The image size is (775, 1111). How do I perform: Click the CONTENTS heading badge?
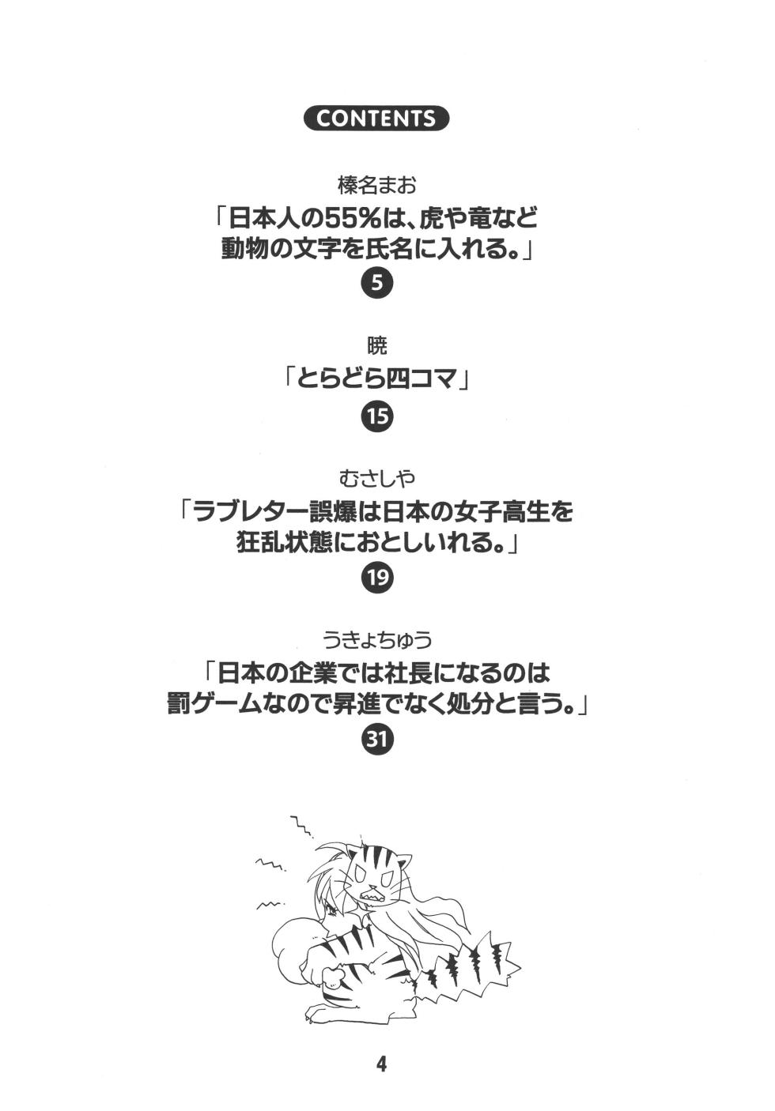pyautogui.click(x=377, y=119)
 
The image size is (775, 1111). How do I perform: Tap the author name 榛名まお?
pyautogui.click(x=377, y=186)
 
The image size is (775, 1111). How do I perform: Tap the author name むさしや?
pyautogui.click(x=377, y=479)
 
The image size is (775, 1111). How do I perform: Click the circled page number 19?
pyautogui.click(x=377, y=578)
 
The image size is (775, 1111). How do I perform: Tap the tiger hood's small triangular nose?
pyautogui.click(x=377, y=882)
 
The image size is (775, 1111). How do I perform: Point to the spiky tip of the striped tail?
pyautogui.click(x=516, y=968)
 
